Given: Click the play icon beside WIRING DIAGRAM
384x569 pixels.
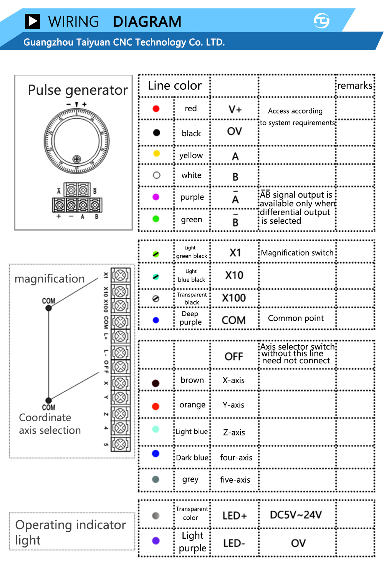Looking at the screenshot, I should [x=32, y=21].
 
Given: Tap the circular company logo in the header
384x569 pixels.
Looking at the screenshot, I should [x=321, y=21].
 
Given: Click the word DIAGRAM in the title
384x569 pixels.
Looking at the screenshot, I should [x=147, y=22].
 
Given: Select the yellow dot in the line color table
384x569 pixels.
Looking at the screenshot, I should [x=156, y=153].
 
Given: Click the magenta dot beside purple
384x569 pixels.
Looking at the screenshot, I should [x=156, y=197].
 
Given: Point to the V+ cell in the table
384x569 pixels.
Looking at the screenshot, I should [x=235, y=109].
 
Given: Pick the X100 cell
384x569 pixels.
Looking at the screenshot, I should [x=234, y=298].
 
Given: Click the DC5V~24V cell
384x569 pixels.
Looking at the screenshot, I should [x=296, y=515].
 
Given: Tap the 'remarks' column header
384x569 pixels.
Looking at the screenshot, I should [x=354, y=85].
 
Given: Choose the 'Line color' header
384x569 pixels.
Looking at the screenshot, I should [x=175, y=86].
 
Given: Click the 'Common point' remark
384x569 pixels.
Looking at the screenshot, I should [x=296, y=318].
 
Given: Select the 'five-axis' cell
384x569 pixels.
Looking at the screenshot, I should [x=235, y=480].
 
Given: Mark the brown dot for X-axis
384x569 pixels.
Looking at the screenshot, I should [x=156, y=383].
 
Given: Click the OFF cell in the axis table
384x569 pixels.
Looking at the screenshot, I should [x=234, y=356].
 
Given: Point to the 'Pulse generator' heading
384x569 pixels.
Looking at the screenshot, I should [x=78, y=90].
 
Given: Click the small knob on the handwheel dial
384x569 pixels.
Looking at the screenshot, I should [x=77, y=159].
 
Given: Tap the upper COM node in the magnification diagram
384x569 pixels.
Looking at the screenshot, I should [x=49, y=308].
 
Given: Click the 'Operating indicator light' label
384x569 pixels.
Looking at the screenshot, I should [x=70, y=532].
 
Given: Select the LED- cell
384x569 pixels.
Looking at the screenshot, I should [x=234, y=543].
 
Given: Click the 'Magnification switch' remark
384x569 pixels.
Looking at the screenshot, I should [x=297, y=252].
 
